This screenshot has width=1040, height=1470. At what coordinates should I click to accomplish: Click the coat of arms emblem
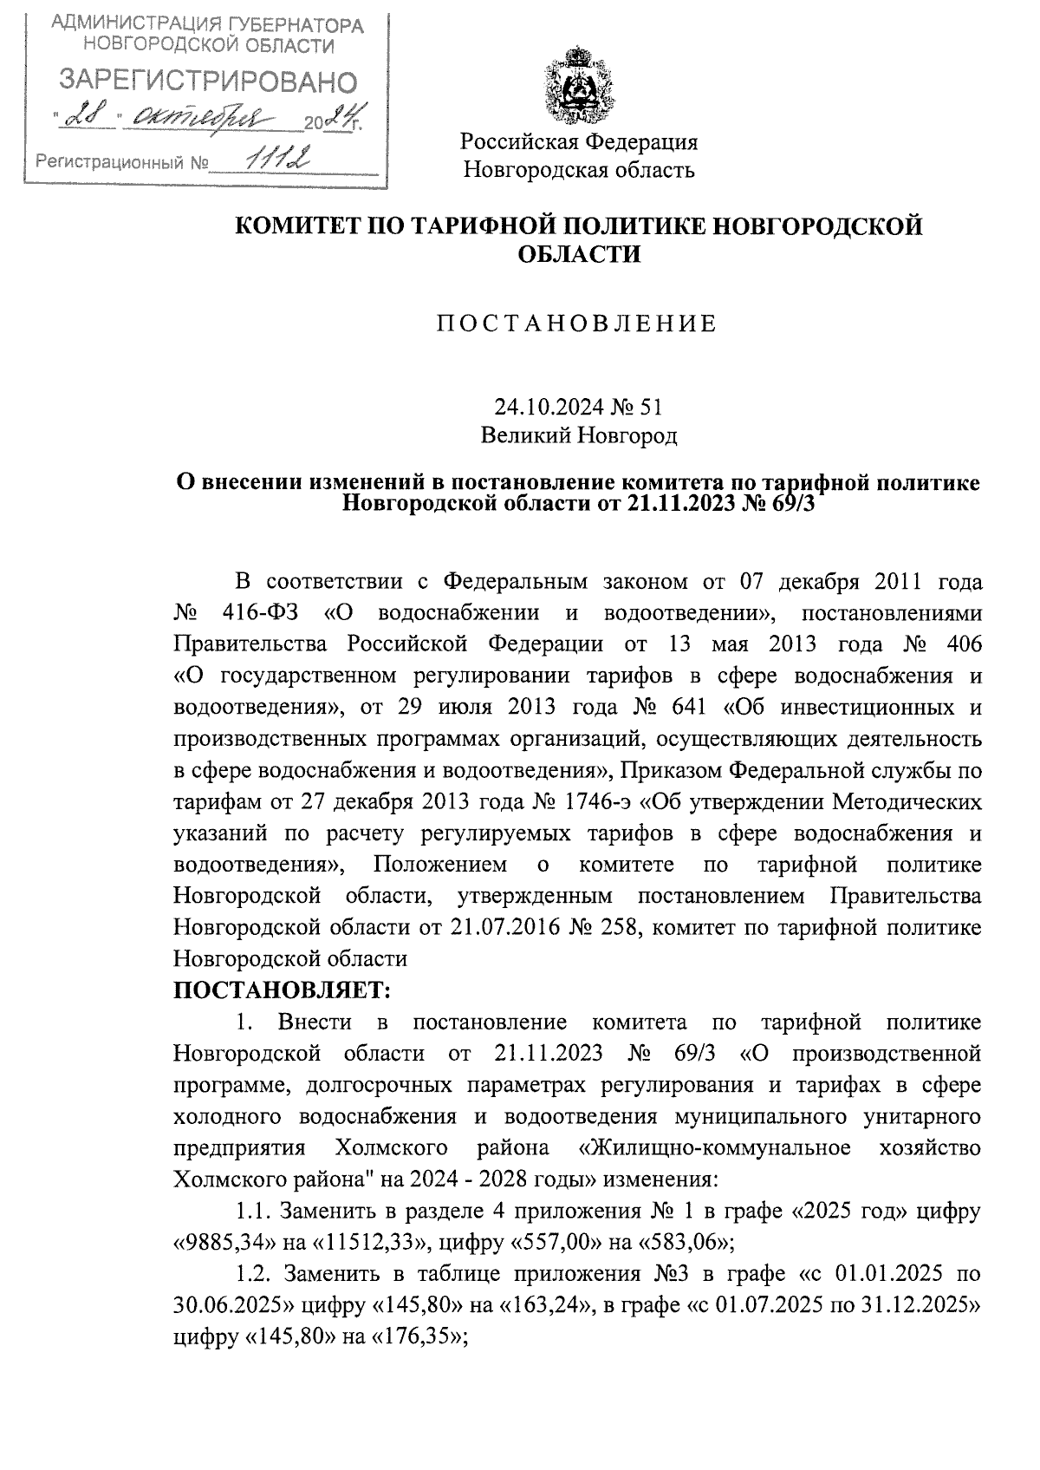click(578, 88)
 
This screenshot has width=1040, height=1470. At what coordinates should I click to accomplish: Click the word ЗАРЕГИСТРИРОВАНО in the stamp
click(207, 82)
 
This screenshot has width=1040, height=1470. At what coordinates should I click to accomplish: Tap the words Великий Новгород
click(579, 435)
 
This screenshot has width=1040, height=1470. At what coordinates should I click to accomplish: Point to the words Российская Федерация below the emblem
click(578, 140)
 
